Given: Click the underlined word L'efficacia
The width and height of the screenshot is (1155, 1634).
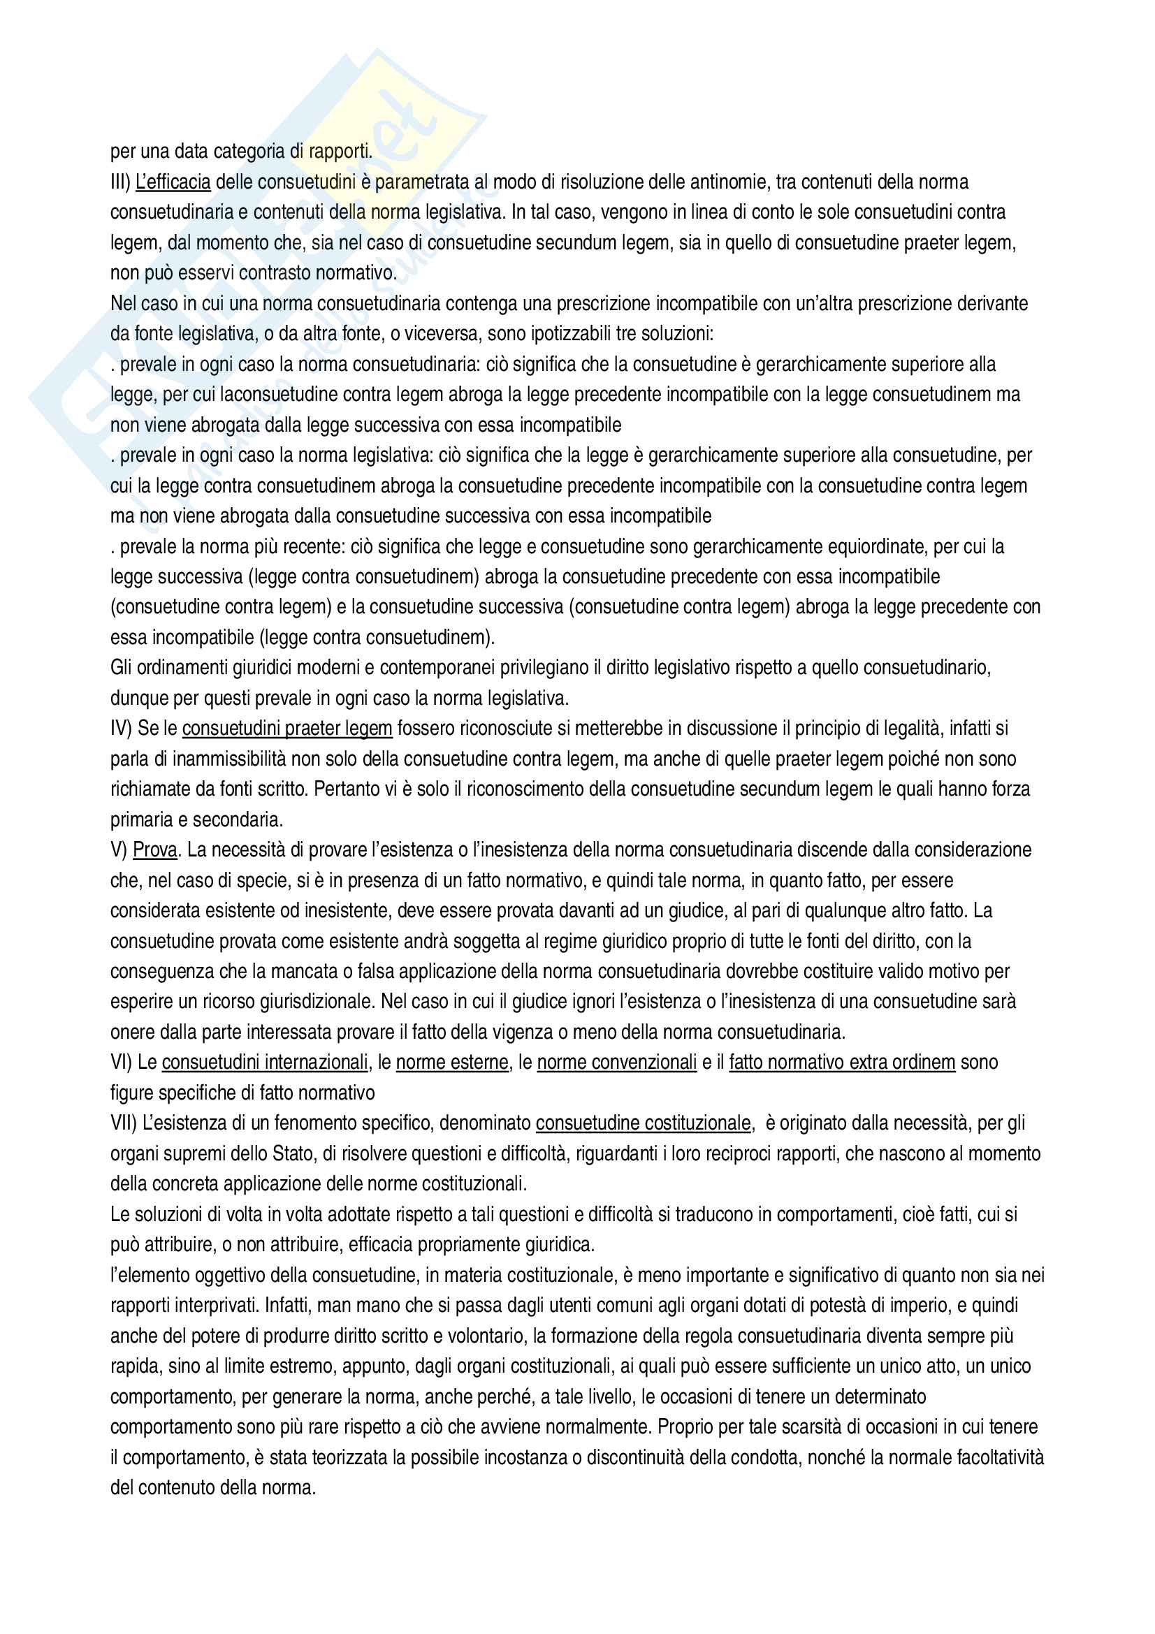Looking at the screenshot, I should [173, 182].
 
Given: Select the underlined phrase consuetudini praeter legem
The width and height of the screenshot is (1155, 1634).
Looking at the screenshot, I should [286, 728].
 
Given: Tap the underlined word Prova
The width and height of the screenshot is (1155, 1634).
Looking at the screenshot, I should [154, 849].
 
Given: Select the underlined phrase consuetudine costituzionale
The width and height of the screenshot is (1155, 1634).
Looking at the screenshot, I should [644, 1123].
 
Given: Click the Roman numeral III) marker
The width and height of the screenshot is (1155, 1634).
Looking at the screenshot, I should [120, 182].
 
